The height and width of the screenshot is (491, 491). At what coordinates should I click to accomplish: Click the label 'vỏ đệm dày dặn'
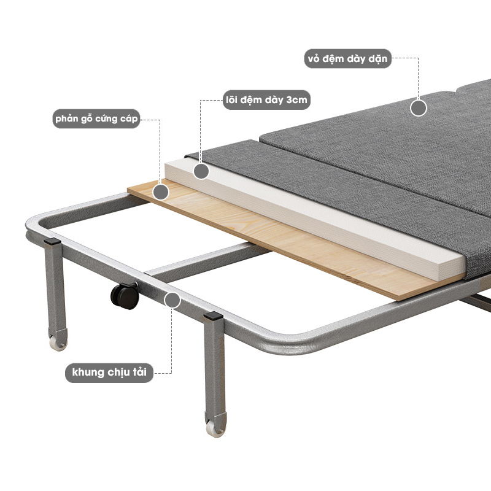point(347,58)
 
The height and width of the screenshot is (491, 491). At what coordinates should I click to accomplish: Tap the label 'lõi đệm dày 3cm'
point(266,100)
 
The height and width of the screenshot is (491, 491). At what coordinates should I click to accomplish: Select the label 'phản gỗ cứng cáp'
point(96,118)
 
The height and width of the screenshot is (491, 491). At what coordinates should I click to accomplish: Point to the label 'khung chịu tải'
point(109,373)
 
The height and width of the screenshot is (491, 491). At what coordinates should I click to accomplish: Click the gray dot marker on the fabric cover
point(419,108)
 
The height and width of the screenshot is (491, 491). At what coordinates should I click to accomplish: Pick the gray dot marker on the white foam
point(201,171)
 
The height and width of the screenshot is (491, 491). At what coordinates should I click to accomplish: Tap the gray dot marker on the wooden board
point(161,192)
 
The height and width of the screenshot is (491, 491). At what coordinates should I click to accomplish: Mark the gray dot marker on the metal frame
point(172,300)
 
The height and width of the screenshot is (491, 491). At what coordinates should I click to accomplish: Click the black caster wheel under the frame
point(125,296)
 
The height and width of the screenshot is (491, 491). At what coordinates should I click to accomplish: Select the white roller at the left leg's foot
point(58,344)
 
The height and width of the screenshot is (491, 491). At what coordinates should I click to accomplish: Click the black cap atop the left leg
point(52,241)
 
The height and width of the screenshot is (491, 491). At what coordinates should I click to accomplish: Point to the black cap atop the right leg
point(213,315)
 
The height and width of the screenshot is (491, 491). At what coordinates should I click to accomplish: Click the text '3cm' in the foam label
point(296,100)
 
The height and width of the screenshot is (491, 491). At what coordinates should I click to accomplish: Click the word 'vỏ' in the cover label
point(313,58)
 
